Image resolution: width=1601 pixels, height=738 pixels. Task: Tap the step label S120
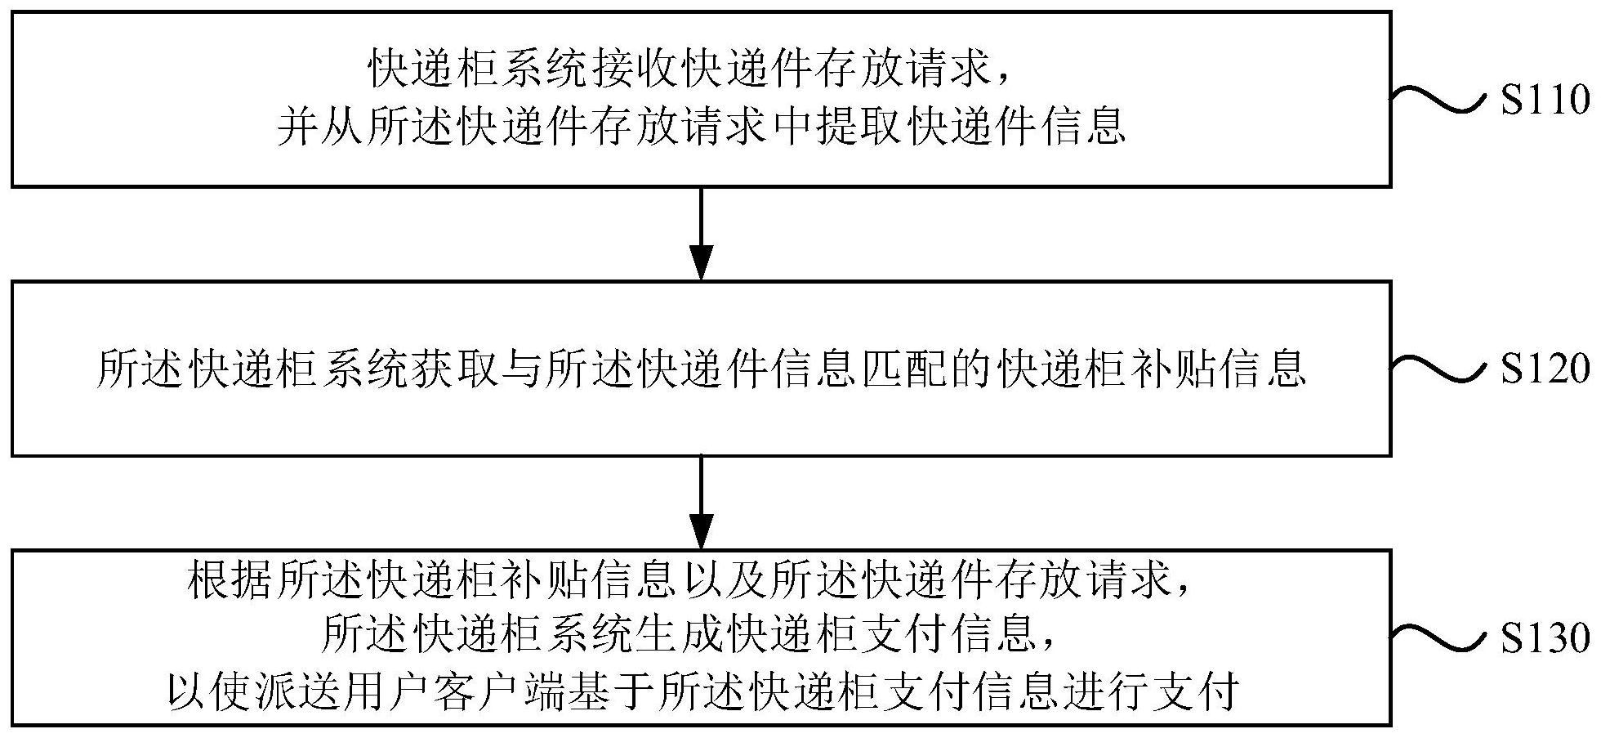(x=1545, y=370)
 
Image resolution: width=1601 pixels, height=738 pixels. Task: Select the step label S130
(x=1545, y=638)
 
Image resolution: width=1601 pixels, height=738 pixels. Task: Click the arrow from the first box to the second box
(x=701, y=234)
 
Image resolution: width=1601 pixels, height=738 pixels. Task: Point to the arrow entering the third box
(x=701, y=503)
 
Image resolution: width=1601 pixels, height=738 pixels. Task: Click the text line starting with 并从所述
(x=701, y=127)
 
